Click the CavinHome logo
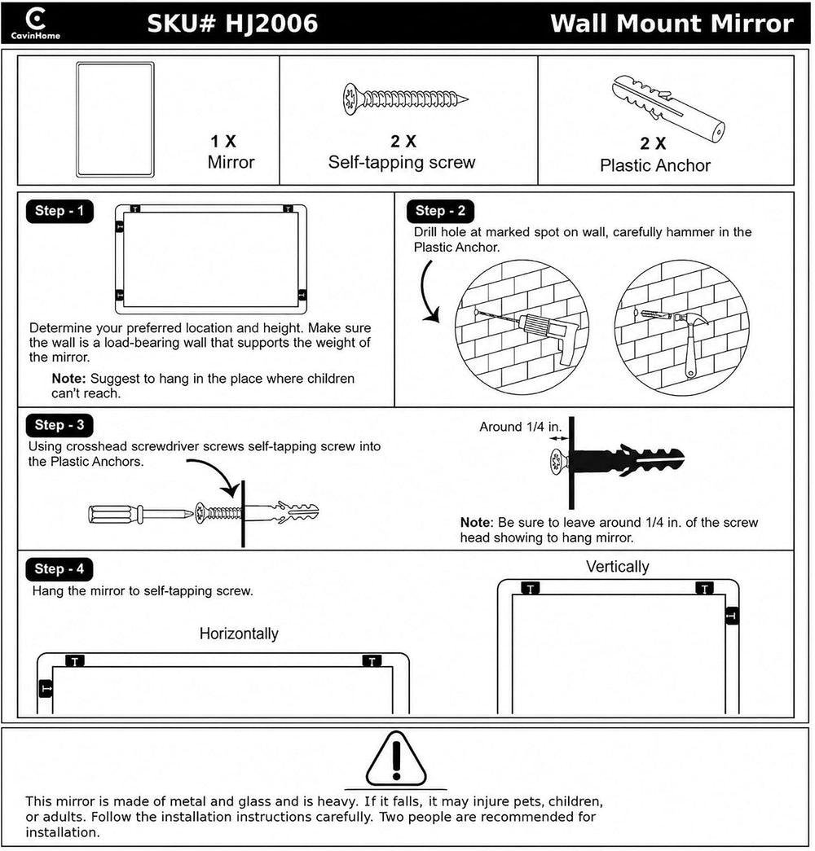(x=36, y=24)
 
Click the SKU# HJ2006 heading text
(x=232, y=24)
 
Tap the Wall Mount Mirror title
(x=672, y=24)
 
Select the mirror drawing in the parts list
(x=115, y=120)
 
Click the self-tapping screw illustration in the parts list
(x=405, y=99)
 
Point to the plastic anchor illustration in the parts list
(x=668, y=108)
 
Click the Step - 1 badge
(x=59, y=211)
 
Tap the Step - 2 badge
(x=440, y=211)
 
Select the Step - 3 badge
(x=59, y=425)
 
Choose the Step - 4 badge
(x=59, y=568)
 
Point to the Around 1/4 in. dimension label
(x=521, y=427)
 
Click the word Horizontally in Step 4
(x=239, y=634)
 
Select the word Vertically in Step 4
(x=618, y=567)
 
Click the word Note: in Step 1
(x=69, y=379)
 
